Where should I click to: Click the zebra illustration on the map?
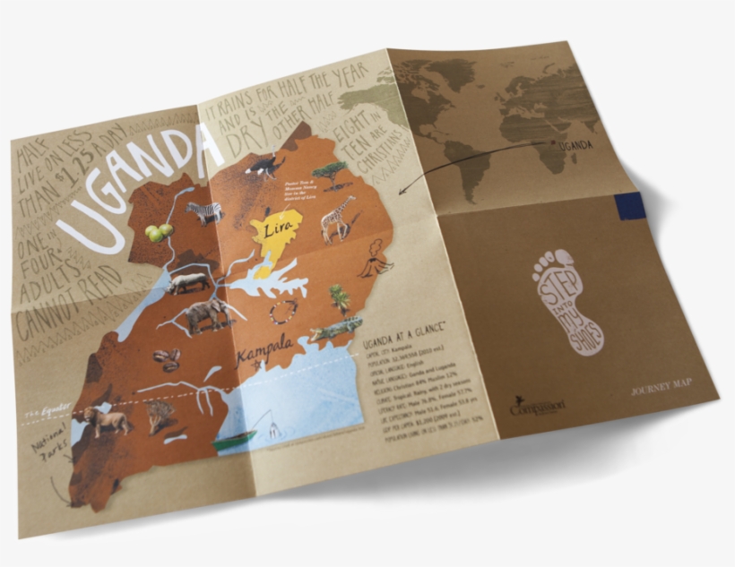pyautogui.click(x=204, y=212)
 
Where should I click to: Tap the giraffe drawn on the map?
pyautogui.click(x=339, y=218)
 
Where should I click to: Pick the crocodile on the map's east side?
pyautogui.click(x=335, y=331)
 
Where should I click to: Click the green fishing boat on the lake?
pyautogui.click(x=234, y=439)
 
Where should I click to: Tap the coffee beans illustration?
pyautogui.click(x=167, y=358)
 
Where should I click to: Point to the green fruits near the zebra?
pyautogui.click(x=159, y=233)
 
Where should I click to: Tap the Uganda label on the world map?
pyautogui.click(x=575, y=145)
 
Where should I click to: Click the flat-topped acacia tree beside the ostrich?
pyautogui.click(x=332, y=172)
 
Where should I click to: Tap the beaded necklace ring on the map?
pyautogui.click(x=284, y=312)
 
